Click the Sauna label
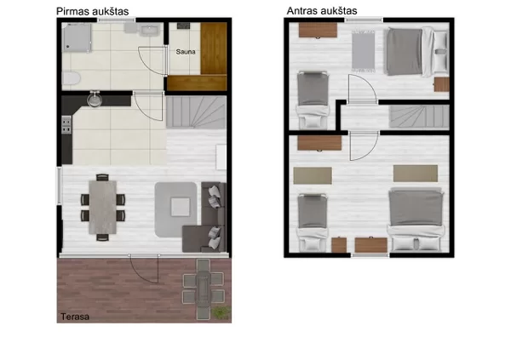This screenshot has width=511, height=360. click(186, 52)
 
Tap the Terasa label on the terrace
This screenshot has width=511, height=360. click(75, 317)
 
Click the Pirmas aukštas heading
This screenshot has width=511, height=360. click(93, 11)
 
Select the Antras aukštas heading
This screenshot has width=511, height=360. click(322, 11)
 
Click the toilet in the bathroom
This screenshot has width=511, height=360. click(71, 78)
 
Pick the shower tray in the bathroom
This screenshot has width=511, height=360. click(77, 37)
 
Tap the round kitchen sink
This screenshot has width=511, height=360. click(95, 100)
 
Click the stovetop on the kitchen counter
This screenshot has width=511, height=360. click(66, 124)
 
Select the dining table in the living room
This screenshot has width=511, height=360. click(103, 207)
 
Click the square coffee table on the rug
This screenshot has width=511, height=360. click(181, 207)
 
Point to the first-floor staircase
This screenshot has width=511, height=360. click(196, 112)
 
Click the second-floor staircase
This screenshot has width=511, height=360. click(419, 117)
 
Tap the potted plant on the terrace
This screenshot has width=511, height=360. click(221, 312)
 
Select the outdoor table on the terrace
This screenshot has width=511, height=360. click(204, 289)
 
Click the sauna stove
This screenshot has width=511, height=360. click(183, 26)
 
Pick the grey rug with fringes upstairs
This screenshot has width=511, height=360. click(363, 50)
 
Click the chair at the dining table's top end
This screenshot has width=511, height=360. click(102, 177)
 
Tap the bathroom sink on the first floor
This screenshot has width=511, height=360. click(149, 31)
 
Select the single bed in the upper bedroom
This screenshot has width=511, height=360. click(313, 100)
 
